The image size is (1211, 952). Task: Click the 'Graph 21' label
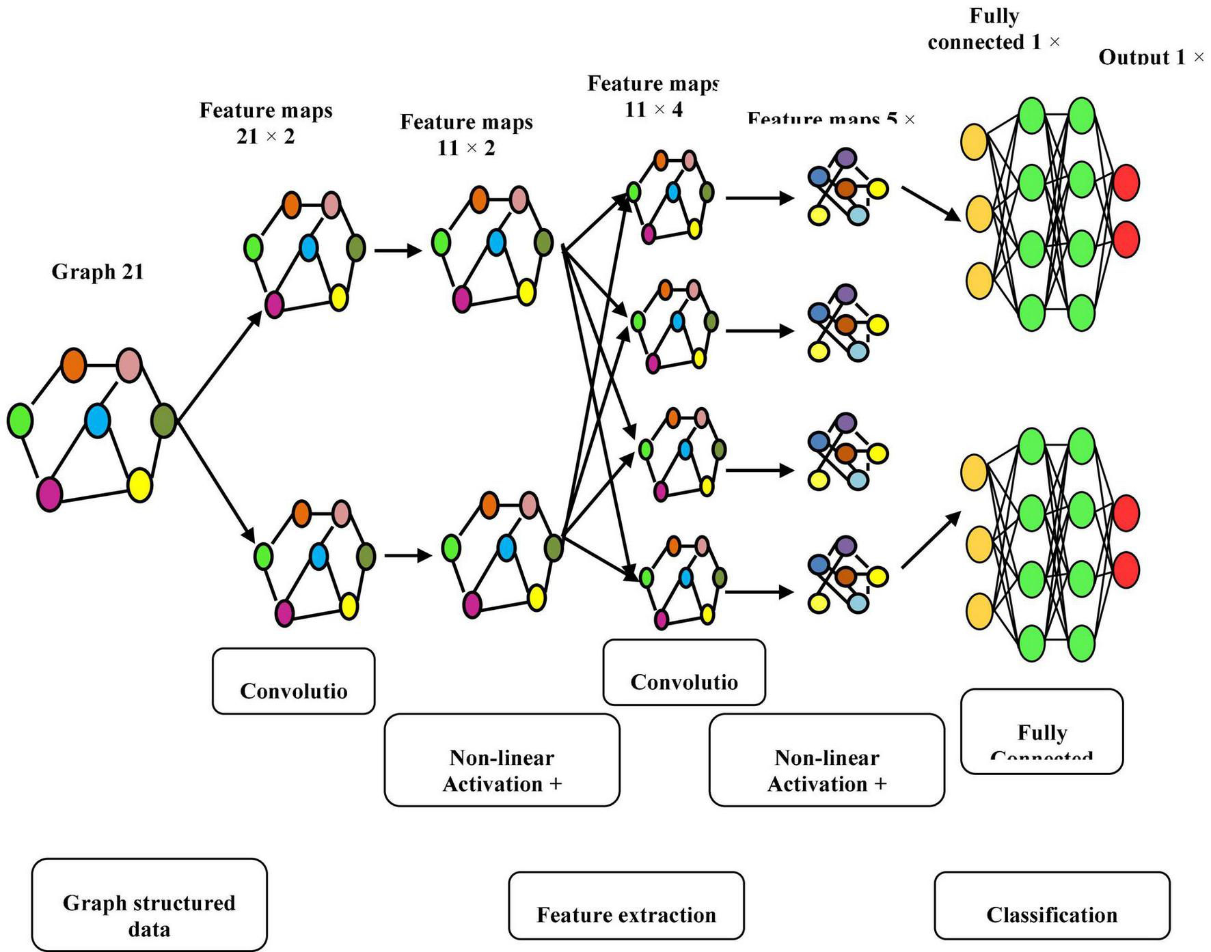98,272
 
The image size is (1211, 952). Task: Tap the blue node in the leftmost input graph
97,420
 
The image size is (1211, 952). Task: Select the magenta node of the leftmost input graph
49,494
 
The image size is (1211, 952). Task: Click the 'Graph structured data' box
149,905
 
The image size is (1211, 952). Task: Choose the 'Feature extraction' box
626,906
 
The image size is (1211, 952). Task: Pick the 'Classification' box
1052,906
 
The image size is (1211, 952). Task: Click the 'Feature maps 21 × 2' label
266,123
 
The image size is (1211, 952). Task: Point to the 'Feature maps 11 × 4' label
653,96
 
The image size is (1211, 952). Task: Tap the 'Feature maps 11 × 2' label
466,135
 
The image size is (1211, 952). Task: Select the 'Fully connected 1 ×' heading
994,29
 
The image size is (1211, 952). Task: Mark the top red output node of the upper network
1126,183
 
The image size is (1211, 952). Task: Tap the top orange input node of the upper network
974,141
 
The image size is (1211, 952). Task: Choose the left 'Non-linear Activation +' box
502,760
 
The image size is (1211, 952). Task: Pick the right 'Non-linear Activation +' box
827,760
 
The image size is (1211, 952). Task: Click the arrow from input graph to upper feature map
219,366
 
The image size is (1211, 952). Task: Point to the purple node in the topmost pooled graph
846,158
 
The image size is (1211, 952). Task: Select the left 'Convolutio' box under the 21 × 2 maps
293,681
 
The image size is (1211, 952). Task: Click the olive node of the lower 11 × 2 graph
554,547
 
